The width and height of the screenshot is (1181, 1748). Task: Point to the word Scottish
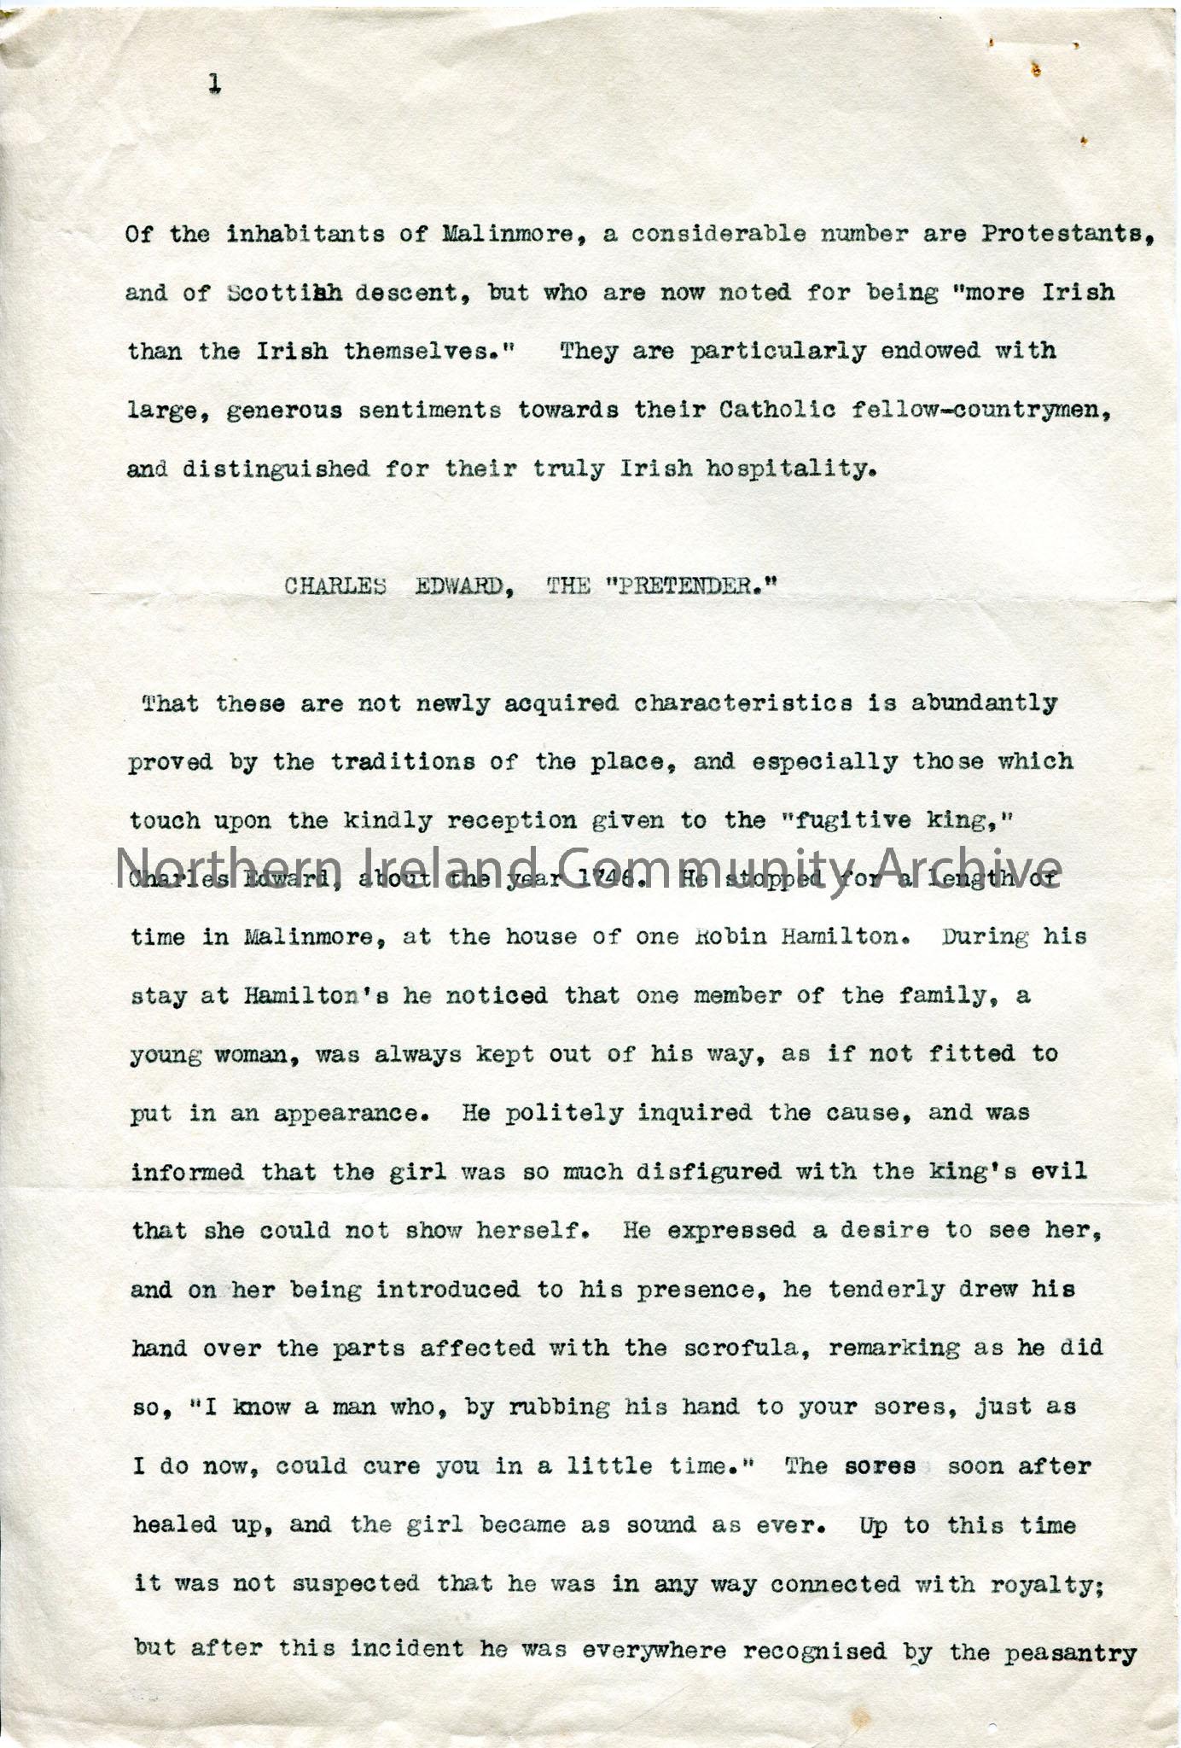(x=285, y=293)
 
